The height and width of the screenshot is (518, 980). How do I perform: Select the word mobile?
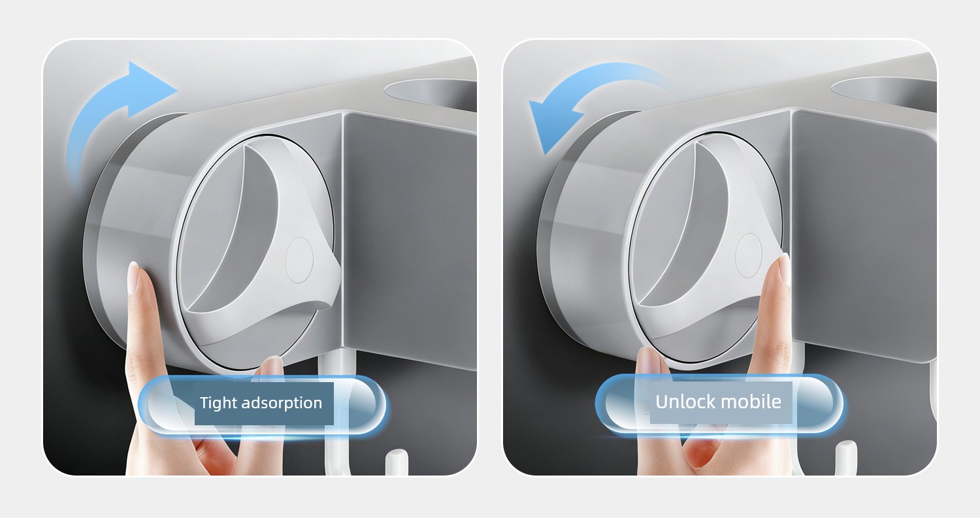[x=750, y=402]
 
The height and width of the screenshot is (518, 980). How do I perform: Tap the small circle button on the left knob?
[x=299, y=261]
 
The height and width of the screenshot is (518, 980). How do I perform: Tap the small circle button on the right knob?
[x=749, y=255]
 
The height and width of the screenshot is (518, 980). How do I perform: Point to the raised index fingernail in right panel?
[x=785, y=268]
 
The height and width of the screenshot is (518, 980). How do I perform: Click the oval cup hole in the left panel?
[x=431, y=95]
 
